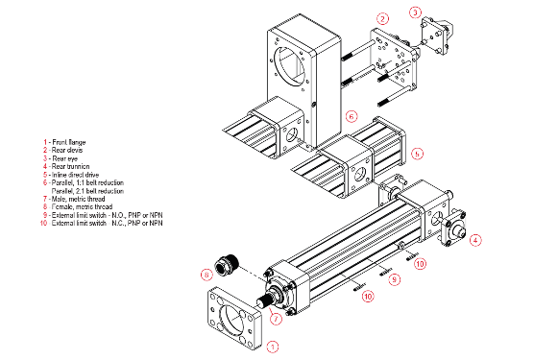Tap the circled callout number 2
click(x=382, y=18)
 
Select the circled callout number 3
click(x=415, y=12)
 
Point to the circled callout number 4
click(x=474, y=240)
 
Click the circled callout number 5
click(x=417, y=153)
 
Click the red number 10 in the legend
click(x=43, y=223)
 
